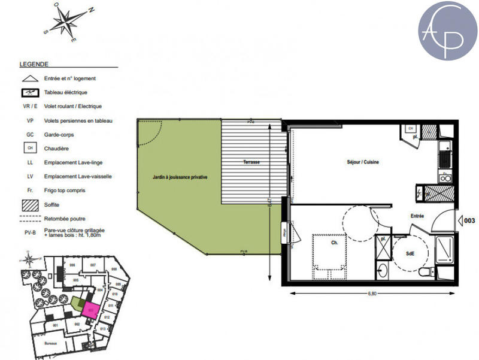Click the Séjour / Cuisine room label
tap(363, 162)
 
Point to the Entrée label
tap(417, 216)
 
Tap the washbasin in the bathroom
tap(383, 271)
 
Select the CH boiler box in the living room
tap(411, 129)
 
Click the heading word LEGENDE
tap(34, 63)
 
